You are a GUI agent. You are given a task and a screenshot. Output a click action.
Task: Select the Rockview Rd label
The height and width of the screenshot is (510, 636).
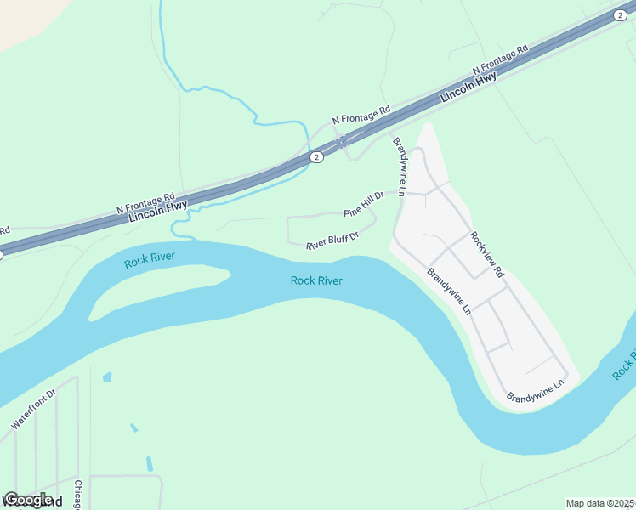[x=487, y=255]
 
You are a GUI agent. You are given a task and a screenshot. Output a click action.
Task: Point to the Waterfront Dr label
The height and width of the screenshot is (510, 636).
[x=32, y=409]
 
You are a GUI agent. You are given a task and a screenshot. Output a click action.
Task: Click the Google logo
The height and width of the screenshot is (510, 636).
[x=28, y=500]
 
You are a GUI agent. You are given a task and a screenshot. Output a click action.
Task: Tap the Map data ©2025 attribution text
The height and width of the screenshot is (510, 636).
[x=599, y=503]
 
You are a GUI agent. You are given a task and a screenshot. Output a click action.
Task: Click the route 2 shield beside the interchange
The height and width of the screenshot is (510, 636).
[x=315, y=157]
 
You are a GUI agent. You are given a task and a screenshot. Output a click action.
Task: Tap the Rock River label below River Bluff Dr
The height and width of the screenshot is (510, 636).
[x=316, y=280]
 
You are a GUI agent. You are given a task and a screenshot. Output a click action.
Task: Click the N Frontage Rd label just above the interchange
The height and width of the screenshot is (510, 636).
[x=361, y=116]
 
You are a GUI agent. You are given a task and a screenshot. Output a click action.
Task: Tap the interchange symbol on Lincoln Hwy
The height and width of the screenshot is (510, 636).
[x=341, y=142]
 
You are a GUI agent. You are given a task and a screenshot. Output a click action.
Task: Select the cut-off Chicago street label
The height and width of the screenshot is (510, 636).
[x=77, y=496]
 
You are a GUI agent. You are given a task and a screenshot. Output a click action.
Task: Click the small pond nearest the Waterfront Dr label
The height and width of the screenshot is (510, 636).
[x=107, y=376]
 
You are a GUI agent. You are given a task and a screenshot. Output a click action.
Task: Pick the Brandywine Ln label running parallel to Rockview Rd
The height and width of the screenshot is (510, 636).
[x=449, y=292]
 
